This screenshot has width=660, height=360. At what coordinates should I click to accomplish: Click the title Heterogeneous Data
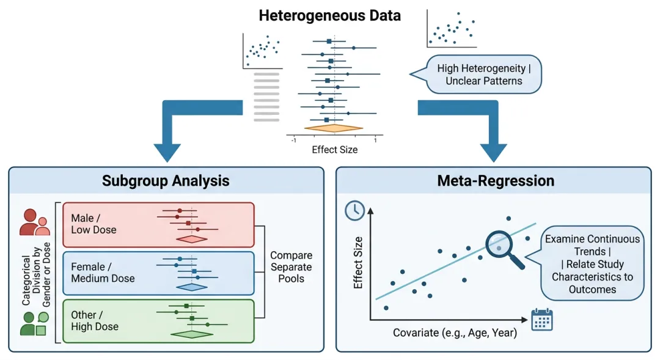(330, 16)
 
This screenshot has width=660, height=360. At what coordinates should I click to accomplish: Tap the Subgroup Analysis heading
(166, 181)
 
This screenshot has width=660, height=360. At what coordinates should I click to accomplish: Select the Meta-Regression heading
(496, 181)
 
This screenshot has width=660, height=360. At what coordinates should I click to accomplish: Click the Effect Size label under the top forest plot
(334, 149)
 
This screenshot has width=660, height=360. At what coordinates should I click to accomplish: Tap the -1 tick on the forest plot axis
(294, 141)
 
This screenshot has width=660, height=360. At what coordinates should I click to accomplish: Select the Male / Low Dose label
(94, 224)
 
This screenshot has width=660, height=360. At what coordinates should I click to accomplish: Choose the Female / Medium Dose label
(103, 273)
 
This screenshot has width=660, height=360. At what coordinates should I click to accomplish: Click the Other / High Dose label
(95, 320)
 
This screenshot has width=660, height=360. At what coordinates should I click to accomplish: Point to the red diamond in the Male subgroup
(192, 239)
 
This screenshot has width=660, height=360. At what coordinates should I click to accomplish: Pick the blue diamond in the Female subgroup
(192, 287)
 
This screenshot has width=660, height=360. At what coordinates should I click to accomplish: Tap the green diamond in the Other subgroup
(192, 334)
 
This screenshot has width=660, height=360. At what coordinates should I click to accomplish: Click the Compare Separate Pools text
(291, 267)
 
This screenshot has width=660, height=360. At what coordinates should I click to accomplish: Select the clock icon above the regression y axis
(354, 210)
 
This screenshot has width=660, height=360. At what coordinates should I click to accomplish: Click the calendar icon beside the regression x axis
(542, 319)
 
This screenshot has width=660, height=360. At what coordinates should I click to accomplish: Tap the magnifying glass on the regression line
(504, 247)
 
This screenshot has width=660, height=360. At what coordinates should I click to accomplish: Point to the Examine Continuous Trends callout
(592, 264)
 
